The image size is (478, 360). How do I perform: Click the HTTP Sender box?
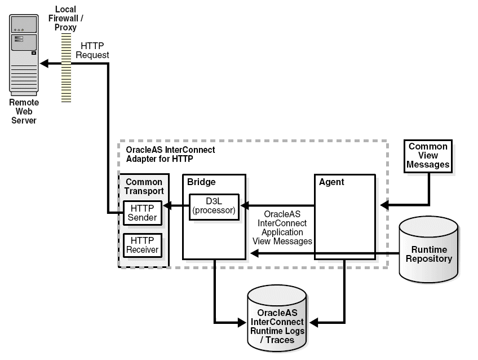[143, 213]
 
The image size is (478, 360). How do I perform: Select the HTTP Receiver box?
[143, 245]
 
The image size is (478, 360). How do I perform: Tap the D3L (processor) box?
[214, 207]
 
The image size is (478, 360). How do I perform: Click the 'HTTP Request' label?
[92, 50]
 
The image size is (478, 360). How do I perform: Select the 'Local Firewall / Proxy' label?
[66, 18]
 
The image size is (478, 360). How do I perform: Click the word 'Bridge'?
[202, 182]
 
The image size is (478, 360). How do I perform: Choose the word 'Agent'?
[331, 182]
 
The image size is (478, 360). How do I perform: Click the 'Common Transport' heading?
[144, 186]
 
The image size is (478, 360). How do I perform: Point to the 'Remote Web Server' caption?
[24, 111]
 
